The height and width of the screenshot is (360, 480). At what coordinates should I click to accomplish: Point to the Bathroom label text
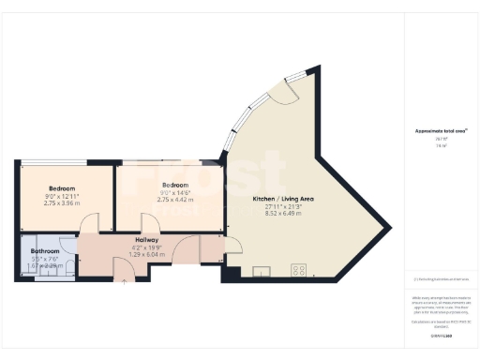[x=45, y=251]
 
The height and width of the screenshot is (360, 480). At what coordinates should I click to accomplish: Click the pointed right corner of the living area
[x=388, y=225]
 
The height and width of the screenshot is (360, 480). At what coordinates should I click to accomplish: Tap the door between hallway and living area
[x=231, y=246]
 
